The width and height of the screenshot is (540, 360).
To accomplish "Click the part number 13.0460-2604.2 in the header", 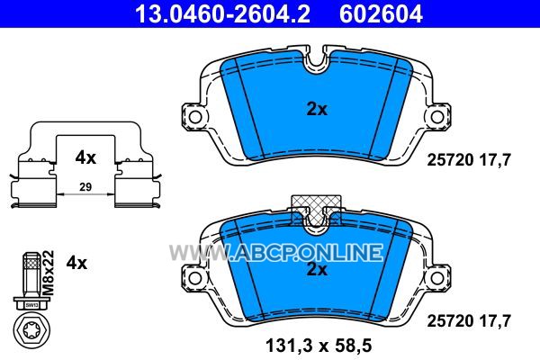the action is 223,14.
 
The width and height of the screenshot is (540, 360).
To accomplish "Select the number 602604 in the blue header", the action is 381,14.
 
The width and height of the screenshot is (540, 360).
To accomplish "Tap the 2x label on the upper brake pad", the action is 317,110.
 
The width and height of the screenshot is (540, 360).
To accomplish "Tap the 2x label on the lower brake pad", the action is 317,269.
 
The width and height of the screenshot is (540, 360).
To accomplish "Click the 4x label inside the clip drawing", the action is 85,157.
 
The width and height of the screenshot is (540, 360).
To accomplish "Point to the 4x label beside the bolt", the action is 76,263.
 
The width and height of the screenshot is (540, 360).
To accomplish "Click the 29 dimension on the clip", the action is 85,187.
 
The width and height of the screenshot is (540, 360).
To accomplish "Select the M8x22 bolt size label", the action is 49,273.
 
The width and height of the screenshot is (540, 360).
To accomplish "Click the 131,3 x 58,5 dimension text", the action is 319,346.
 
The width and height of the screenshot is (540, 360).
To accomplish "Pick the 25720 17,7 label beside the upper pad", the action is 469,160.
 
